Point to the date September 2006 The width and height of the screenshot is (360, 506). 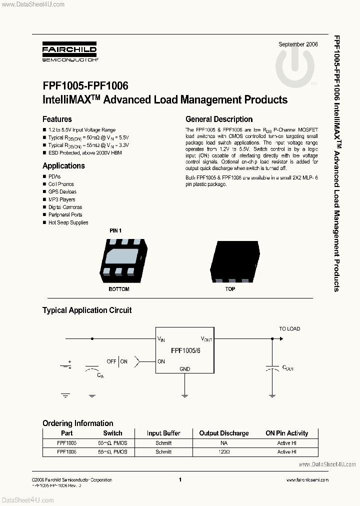pyautogui.click(x=298, y=44)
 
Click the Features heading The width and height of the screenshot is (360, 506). pyautogui.click(x=57, y=119)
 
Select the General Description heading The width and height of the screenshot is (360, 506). pyautogui.click(x=219, y=119)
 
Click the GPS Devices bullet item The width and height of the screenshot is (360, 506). pyautogui.click(x=62, y=191)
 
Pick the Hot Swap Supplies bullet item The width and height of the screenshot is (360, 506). pyautogui.click(x=68, y=222)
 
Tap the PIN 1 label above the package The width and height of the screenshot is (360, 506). pyautogui.click(x=115, y=230)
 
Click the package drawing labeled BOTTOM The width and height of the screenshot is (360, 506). pyautogui.click(x=119, y=258)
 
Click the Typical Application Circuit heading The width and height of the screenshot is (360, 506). pyautogui.click(x=87, y=310)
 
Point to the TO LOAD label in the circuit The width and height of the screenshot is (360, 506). pyautogui.click(x=289, y=328)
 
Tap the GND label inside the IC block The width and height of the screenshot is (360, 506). pyautogui.click(x=184, y=369)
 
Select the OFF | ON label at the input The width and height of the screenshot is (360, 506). pyautogui.click(x=117, y=361)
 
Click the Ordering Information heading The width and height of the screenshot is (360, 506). pyautogui.click(x=77, y=423)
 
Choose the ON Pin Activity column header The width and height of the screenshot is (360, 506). pyautogui.click(x=286, y=433)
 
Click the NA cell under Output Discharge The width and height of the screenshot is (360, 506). pyautogui.click(x=223, y=443)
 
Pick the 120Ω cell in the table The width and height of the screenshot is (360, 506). pyautogui.click(x=223, y=451)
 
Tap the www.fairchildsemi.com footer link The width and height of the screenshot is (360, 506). pyautogui.click(x=307, y=479)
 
